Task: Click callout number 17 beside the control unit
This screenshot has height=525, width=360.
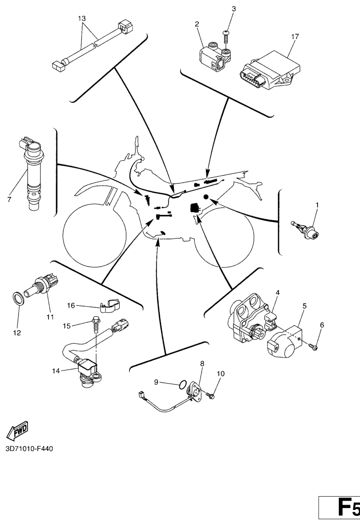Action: point(295,36)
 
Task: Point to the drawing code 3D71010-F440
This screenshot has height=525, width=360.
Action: point(29,448)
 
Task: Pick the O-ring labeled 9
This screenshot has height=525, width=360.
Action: point(182,385)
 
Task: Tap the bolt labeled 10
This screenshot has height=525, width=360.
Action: point(211,396)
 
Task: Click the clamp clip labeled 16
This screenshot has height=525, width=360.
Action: point(110,305)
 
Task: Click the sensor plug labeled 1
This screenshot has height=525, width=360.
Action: point(305,231)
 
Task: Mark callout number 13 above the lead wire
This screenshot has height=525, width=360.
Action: point(82,18)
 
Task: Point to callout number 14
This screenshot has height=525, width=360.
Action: point(56,370)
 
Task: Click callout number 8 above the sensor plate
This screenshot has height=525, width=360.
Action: point(202,363)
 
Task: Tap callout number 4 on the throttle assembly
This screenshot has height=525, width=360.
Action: point(278,293)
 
